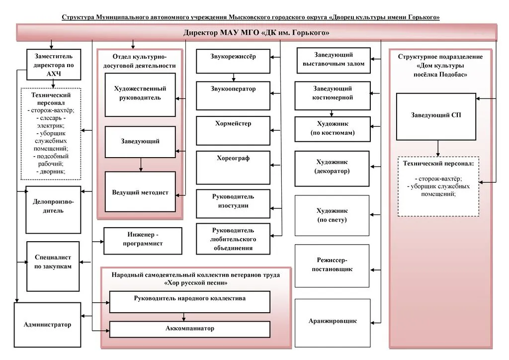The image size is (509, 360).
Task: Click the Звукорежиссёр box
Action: pos(233,61)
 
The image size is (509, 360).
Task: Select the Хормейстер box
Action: pos(233,130)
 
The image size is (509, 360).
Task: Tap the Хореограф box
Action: pos(233,168)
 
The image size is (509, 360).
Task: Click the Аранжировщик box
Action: pos(333,323)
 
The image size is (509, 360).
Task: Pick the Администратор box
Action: pos(47,325)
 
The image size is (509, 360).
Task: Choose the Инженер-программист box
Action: pos(143,241)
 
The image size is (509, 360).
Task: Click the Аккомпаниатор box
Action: pos(190,329)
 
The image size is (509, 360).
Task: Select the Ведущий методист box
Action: pos(140,192)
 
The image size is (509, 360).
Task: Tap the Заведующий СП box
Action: pos(436,116)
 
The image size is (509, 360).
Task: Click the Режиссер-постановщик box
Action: pos(332,266)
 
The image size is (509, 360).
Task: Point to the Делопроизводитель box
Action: pos(53,210)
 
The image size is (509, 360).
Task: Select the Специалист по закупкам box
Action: pos(53,266)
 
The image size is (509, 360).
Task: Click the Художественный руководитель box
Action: pos(140,95)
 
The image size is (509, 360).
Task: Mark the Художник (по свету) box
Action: pos(332,215)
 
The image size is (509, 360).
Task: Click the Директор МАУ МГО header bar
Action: pos(256,32)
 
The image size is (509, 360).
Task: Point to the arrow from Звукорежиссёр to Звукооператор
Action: pos(234,77)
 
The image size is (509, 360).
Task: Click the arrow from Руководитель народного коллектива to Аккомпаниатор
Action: pos(184,317)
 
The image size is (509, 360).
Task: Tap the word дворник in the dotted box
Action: pos(52,172)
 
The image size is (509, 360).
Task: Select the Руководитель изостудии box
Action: pos(233,204)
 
